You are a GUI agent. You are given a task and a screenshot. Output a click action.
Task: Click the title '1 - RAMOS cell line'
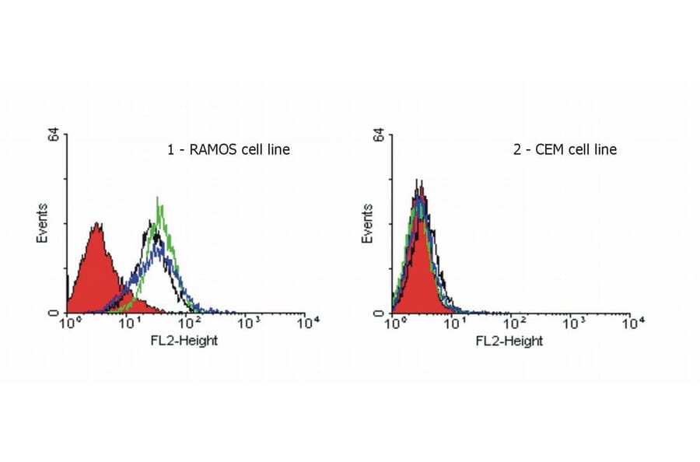tap(229, 149)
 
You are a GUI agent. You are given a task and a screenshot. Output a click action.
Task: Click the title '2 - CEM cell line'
tap(565, 149)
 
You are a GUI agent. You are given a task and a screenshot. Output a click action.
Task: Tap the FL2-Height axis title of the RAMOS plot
tap(185, 341)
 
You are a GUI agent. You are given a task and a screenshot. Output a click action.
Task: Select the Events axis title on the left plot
tap(44, 223)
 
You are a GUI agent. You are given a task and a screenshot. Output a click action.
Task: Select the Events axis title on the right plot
tap(369, 223)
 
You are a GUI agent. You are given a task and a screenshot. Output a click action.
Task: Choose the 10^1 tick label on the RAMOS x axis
tap(128, 322)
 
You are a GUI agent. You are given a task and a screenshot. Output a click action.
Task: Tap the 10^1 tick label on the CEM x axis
tap(454, 322)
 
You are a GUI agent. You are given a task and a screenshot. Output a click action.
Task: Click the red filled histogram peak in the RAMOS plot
tap(96, 233)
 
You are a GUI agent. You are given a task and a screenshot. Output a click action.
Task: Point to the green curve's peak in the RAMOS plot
tap(158, 201)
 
